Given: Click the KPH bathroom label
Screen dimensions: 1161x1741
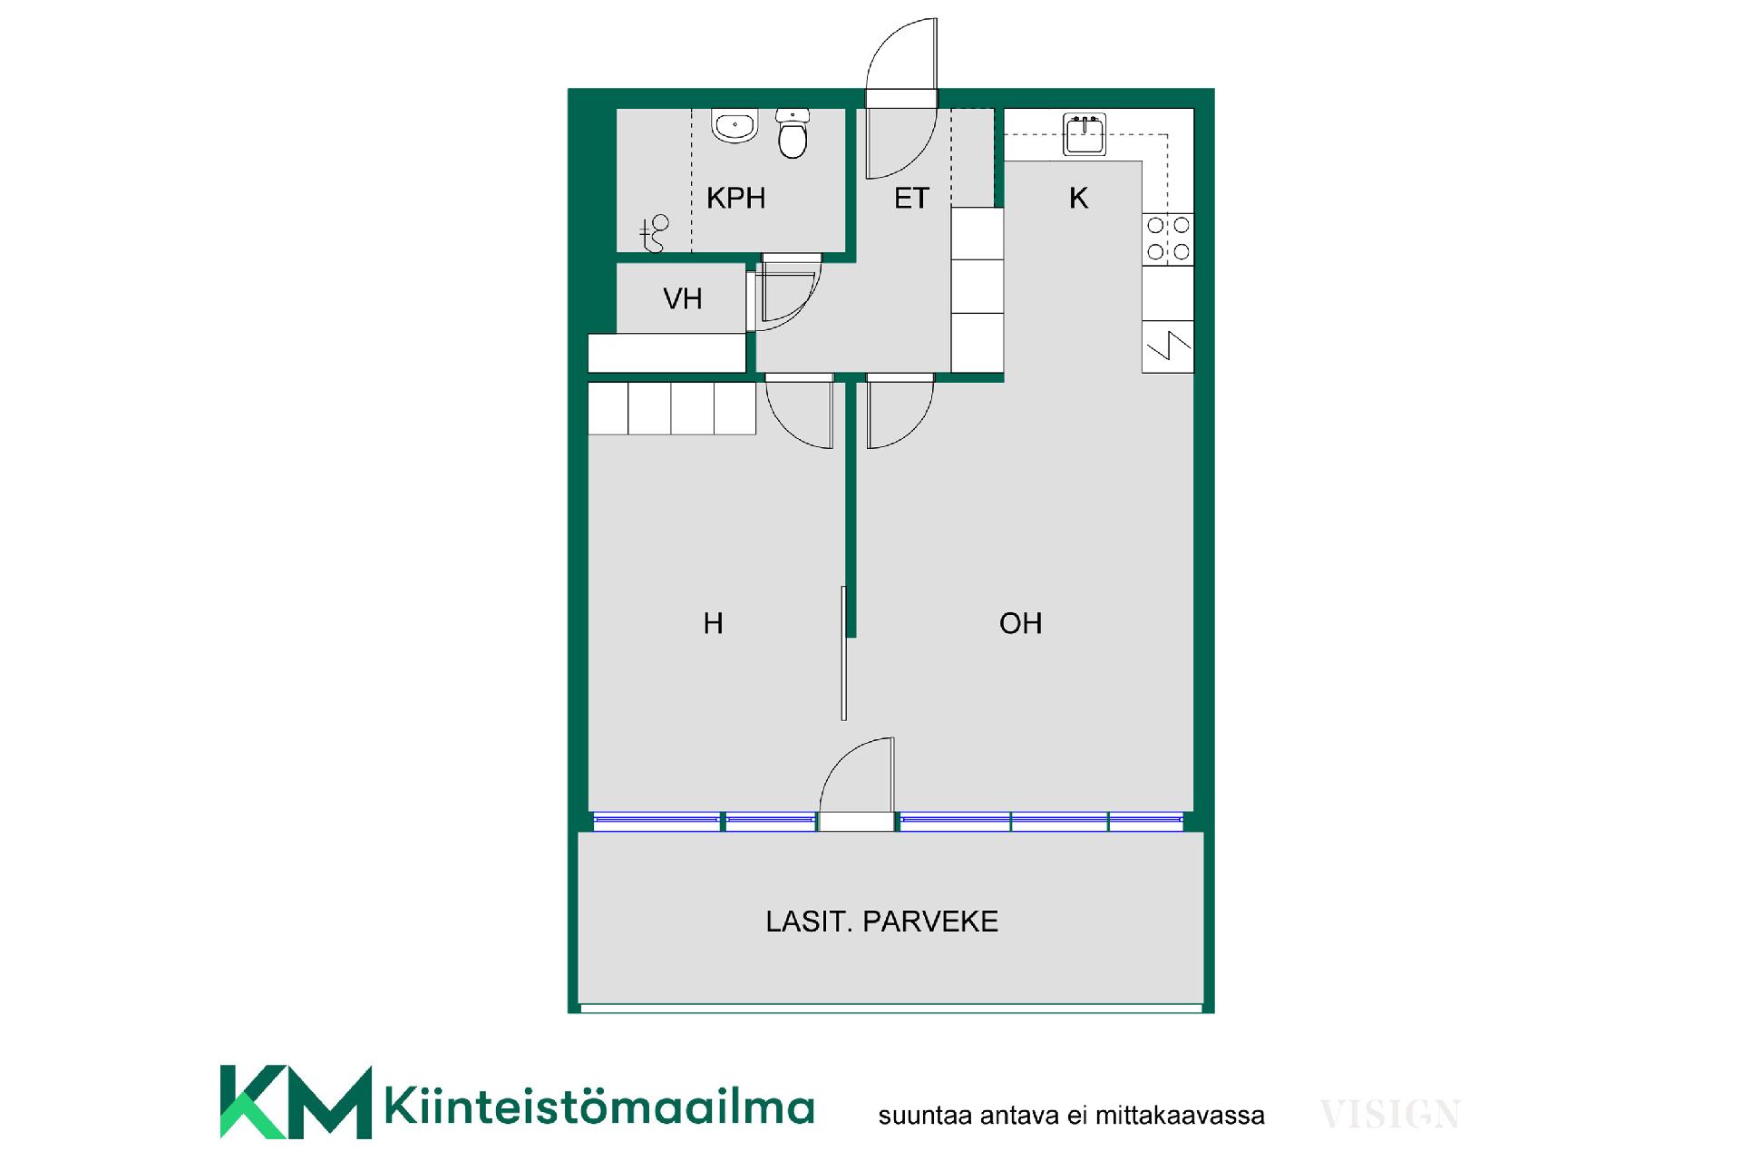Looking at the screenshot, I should click(x=735, y=198).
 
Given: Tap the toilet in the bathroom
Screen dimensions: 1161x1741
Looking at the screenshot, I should click(x=793, y=134).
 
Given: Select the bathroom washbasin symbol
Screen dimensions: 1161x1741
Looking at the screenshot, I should click(x=734, y=127).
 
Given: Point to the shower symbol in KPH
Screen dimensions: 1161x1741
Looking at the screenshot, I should click(x=654, y=233).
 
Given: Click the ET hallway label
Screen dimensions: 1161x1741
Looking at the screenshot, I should click(x=911, y=198).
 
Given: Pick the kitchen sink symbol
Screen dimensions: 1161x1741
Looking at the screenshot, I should click(x=1084, y=135).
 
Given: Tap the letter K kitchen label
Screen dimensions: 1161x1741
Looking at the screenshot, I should click(x=1078, y=198).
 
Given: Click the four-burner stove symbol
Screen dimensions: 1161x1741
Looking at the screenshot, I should click(x=1168, y=239).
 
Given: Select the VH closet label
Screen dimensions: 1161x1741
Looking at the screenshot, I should click(x=682, y=298).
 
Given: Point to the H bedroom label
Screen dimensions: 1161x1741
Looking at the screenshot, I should click(x=713, y=623).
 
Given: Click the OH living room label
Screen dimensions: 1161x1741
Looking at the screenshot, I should click(x=1020, y=623).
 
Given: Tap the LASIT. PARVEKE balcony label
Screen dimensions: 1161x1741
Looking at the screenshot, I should click(x=881, y=922).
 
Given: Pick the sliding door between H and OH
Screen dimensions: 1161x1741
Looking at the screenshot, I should click(x=844, y=653).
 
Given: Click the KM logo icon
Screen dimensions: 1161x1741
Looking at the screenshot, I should click(x=296, y=1101).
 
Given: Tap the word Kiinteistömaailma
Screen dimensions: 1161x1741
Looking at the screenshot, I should click(x=599, y=1107).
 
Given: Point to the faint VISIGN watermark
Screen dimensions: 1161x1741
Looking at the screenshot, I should click(x=1389, y=1115).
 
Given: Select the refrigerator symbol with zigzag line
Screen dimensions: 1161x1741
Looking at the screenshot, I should click(x=1168, y=346).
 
